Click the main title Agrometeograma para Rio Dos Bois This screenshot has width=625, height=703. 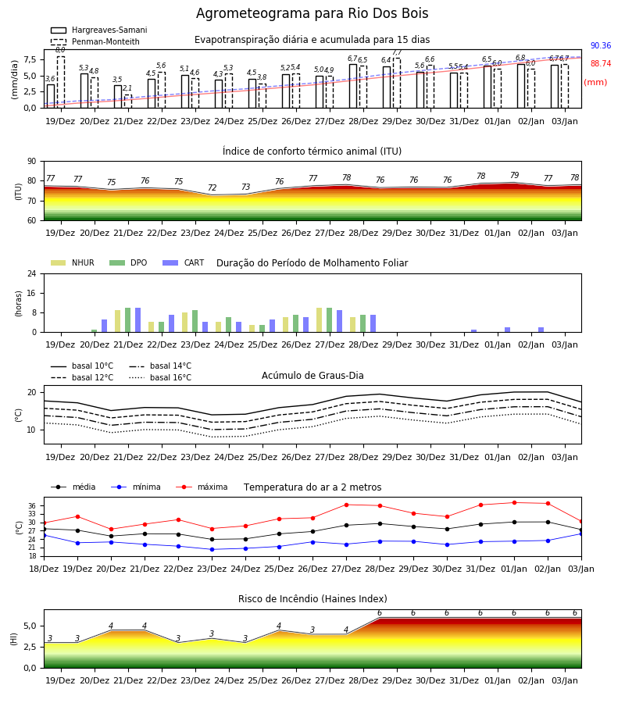point(312,13)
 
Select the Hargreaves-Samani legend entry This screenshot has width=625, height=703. point(99,30)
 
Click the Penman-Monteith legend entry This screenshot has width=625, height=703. point(95,41)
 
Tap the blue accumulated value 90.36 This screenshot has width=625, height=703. point(601,46)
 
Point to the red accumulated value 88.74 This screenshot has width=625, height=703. point(601,64)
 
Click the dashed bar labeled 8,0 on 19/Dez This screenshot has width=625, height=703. point(61,82)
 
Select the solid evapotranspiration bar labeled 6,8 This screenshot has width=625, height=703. point(521,86)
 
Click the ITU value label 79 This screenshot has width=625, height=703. point(514,175)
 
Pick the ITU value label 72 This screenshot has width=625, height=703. point(212,187)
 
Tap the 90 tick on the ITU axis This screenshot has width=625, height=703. point(32,162)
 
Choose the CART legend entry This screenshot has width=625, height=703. point(184,262)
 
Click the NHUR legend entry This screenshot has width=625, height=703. point(73,262)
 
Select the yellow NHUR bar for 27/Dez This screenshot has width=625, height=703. point(320,320)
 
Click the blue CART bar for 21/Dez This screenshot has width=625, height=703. point(138,320)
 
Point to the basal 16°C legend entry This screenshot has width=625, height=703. point(160,377)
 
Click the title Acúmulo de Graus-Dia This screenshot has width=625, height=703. point(312,376)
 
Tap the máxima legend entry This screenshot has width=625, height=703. point(202,487)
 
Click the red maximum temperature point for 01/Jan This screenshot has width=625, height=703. point(514,502)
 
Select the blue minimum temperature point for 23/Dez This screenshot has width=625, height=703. point(212,549)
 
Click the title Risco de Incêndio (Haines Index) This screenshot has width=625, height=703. point(312,599)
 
